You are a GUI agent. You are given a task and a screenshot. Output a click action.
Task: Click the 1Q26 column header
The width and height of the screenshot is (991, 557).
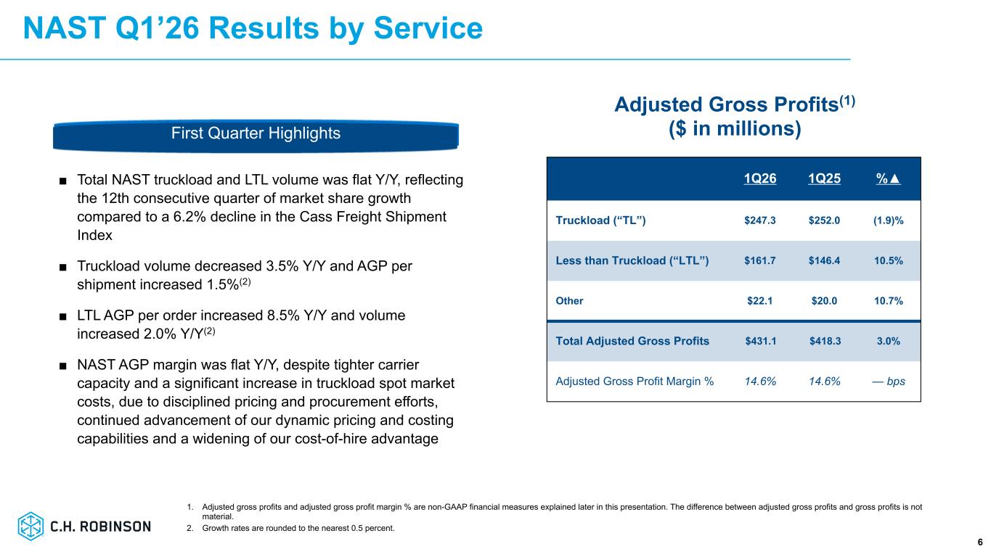tap(759, 178)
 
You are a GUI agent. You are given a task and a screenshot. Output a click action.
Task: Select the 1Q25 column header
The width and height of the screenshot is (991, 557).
tap(824, 178)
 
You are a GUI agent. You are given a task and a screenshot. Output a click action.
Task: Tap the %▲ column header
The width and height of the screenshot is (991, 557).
tap(889, 178)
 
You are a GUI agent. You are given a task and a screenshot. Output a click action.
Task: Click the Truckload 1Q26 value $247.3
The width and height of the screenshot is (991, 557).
tap(759, 220)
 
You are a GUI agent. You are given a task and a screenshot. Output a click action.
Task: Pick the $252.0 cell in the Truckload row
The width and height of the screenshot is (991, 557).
tap(824, 220)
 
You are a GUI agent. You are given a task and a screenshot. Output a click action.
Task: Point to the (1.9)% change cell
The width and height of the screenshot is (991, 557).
tap(889, 220)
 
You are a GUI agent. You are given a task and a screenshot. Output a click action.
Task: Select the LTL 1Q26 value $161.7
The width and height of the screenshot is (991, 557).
tap(759, 260)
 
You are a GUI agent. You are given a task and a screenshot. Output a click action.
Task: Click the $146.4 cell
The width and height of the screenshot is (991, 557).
tap(824, 260)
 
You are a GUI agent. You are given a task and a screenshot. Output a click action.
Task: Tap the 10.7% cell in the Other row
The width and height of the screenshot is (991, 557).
tap(889, 300)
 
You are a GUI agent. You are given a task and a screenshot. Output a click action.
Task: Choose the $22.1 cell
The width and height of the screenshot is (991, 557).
tap(759, 300)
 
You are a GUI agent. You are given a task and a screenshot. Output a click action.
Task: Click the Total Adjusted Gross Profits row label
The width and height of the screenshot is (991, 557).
tap(632, 341)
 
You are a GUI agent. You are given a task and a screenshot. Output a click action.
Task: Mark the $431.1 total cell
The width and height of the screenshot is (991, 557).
tap(761, 341)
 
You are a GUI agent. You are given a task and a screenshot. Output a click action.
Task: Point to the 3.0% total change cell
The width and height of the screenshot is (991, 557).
tap(889, 341)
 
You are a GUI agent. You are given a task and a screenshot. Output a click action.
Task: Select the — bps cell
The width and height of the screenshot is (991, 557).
tap(889, 381)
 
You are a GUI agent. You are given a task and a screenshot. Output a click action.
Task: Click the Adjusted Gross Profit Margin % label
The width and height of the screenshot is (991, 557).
tap(635, 381)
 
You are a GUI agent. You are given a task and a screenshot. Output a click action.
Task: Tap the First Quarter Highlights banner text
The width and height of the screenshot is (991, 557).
tap(256, 133)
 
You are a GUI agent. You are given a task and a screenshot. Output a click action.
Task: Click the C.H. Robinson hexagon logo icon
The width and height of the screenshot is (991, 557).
tap(30, 526)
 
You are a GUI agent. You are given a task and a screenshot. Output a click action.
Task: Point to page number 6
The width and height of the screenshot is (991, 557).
tap(980, 542)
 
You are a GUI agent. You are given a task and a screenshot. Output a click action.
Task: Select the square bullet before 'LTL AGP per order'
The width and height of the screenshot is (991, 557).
tap(63, 316)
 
